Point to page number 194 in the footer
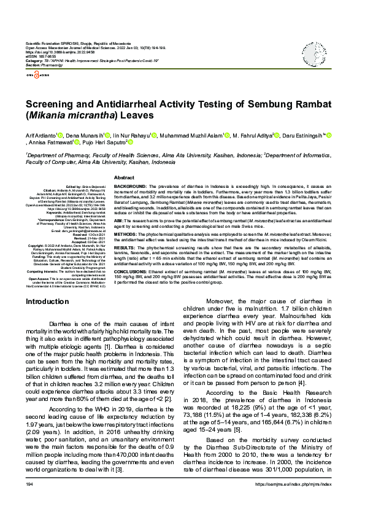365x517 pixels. click(x=29, y=502)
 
